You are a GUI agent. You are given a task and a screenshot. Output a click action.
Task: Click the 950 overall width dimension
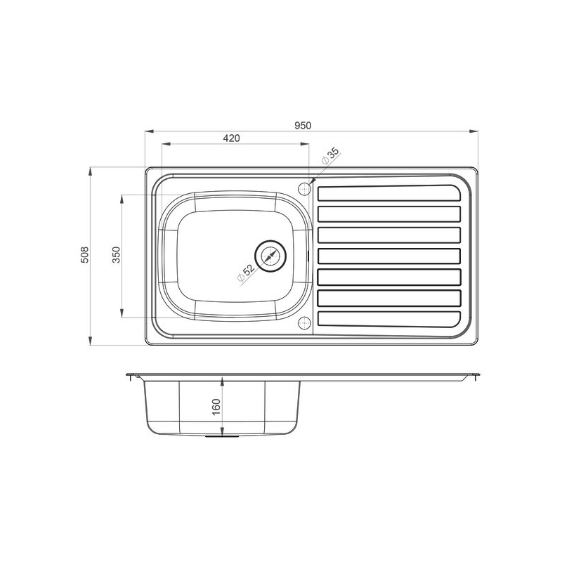(x=303, y=125)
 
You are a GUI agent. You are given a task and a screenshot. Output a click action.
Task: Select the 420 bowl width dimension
(x=232, y=138)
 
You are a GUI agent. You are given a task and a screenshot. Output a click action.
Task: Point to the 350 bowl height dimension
(x=117, y=255)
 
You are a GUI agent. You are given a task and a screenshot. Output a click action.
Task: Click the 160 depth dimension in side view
(x=216, y=405)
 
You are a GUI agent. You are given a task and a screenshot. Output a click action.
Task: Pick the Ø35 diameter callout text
(x=331, y=156)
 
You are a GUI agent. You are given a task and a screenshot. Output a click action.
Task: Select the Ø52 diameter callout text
(x=246, y=273)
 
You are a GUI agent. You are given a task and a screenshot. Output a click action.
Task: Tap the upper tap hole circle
(x=304, y=189)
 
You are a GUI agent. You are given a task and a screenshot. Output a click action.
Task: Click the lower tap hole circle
(x=304, y=322)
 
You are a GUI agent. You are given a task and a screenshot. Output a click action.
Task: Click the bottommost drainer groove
(x=390, y=319)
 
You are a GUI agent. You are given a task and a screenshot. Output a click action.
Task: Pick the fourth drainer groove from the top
(x=390, y=256)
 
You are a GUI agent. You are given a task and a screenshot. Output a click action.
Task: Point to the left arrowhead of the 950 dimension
(x=148, y=131)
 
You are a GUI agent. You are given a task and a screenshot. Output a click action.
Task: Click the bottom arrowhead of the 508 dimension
(x=91, y=342)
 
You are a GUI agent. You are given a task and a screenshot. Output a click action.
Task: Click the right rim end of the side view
(x=477, y=377)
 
